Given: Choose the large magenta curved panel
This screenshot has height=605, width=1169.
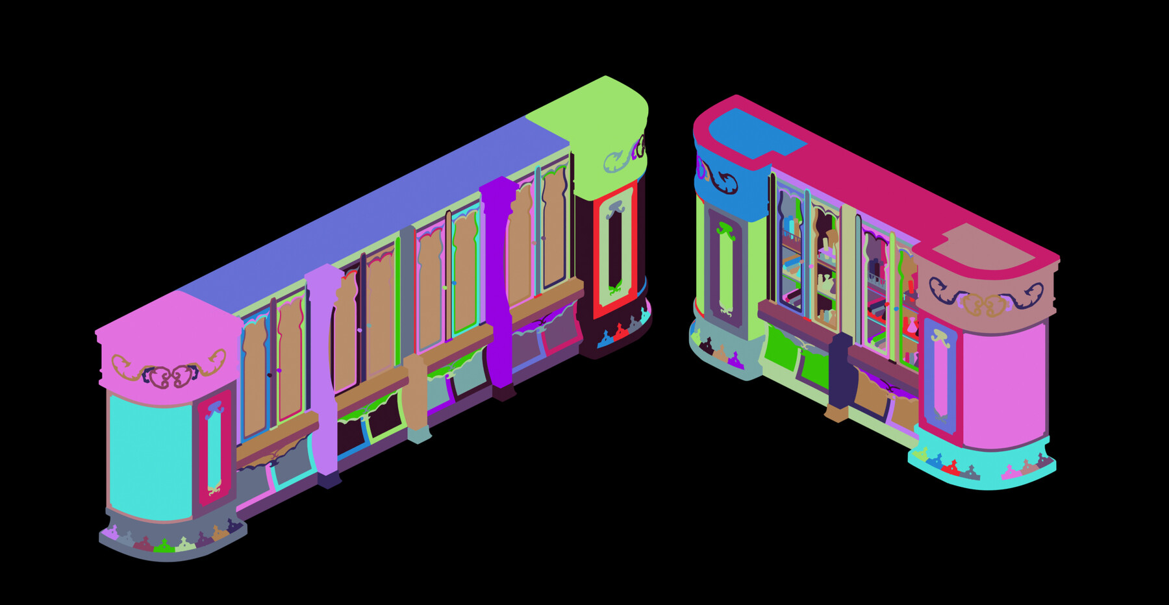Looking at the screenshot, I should click(x=1003, y=386).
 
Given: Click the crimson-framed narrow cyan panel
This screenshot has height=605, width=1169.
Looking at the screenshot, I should click(x=214, y=448).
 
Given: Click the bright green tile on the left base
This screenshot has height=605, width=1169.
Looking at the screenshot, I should click(x=164, y=547).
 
